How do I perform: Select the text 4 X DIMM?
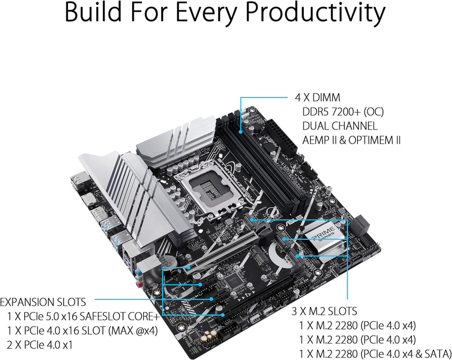coord(317,97)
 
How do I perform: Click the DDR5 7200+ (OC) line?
coord(343,112)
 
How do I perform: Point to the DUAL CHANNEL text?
coord(339,125)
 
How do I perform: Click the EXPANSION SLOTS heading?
coord(43,301)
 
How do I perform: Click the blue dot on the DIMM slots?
coord(240,111)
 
